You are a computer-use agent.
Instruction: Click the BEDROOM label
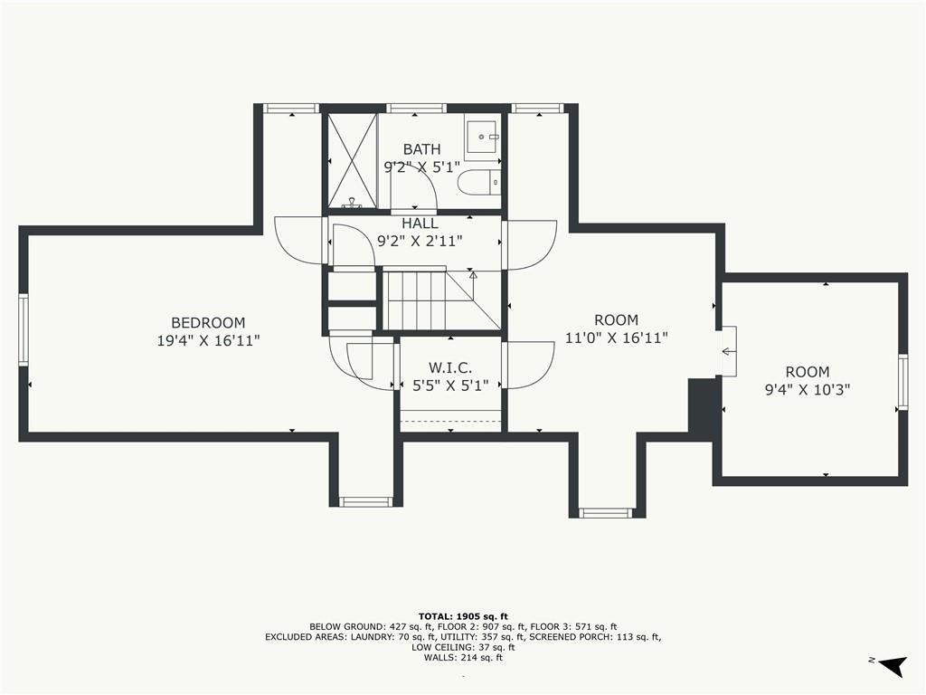[208, 323]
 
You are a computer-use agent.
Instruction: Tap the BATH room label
[421, 149]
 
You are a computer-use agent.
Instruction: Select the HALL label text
[420, 224]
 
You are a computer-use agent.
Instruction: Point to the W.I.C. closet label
[450, 367]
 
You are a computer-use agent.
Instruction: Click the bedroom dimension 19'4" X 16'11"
[209, 341]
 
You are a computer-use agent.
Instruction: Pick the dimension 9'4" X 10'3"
[808, 390]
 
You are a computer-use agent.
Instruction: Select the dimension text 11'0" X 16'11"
[617, 338]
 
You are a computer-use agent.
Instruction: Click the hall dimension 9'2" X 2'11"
[420, 241]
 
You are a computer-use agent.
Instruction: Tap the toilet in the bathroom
[479, 181]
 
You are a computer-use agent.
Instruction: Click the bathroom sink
[483, 138]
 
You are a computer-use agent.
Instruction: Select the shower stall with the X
[352, 161]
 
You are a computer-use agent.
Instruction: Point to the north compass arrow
[893, 665]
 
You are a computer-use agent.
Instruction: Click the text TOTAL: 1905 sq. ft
[463, 616]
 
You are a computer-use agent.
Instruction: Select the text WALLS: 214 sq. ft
[463, 657]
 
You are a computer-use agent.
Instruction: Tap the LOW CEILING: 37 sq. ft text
[463, 647]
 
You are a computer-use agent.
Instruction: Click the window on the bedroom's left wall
[23, 329]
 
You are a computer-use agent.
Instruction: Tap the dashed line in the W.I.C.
[450, 421]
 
